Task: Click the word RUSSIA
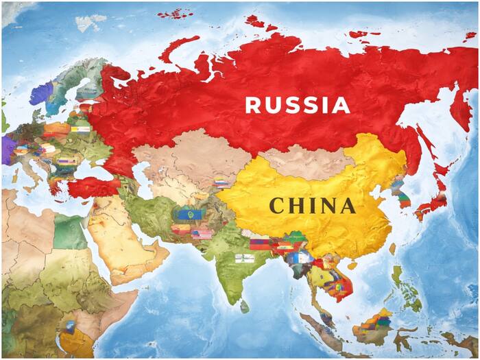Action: pyautogui.click(x=298, y=105)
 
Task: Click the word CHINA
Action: pyautogui.click(x=312, y=205)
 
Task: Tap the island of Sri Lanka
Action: pyautogui.click(x=245, y=306)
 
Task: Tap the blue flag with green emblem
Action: pyautogui.click(x=185, y=214)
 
